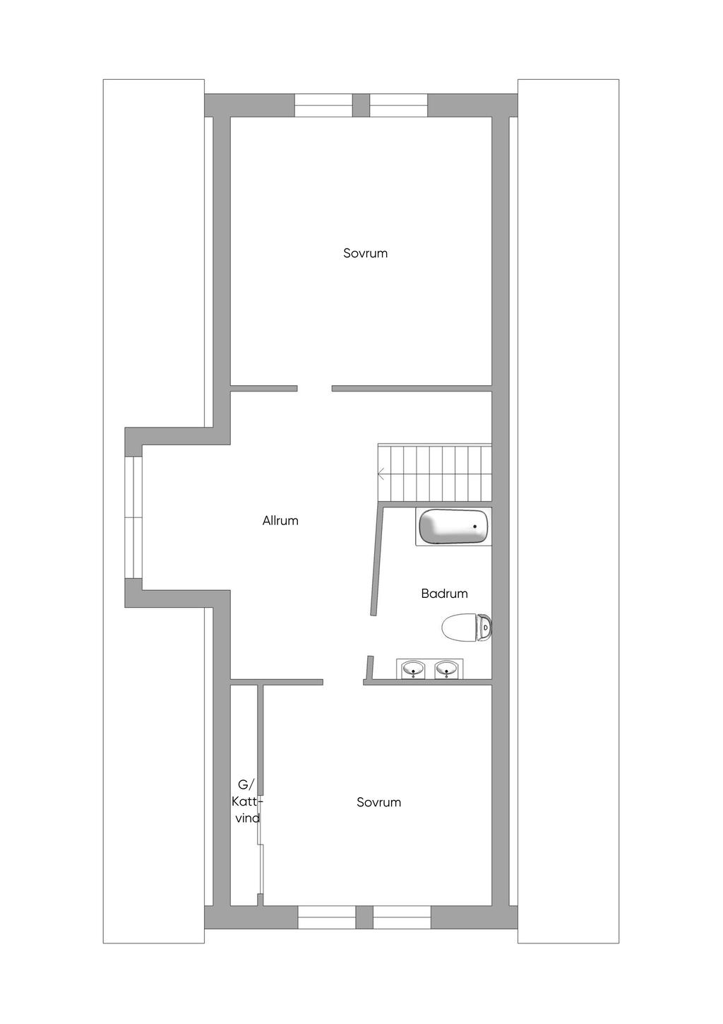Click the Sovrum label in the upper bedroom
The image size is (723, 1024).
[x=365, y=253]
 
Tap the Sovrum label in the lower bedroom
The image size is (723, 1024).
[x=378, y=802]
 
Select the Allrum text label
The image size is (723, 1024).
[x=280, y=521]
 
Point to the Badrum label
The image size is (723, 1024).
[x=444, y=594]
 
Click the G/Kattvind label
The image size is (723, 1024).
[x=246, y=801]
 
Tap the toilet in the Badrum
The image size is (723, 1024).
[x=466, y=627]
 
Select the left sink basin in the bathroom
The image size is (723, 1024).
[x=413, y=668]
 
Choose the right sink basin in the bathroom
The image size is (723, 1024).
[x=446, y=668]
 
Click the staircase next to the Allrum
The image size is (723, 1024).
[x=435, y=473]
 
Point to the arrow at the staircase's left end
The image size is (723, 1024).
[x=381, y=473]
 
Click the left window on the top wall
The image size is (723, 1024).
[x=323, y=105]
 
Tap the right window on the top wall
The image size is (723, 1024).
[x=399, y=105]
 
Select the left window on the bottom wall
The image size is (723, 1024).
[x=326, y=917]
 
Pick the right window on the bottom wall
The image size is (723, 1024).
[x=402, y=917]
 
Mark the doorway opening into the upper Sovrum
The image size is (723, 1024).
[x=314, y=388]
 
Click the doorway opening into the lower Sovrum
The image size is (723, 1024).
[x=343, y=682]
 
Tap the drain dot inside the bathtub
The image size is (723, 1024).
[x=475, y=526]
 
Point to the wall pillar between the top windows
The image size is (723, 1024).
[x=361, y=105]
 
